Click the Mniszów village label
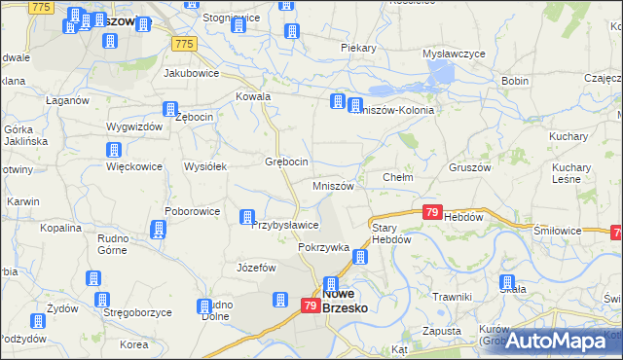(339, 186)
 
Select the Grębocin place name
(287, 162)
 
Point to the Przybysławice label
(285, 225)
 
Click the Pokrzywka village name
(323, 247)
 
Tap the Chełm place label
(399, 178)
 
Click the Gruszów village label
(469, 166)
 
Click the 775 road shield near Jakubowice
(184, 44)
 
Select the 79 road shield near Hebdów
(433, 211)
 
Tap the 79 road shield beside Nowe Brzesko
(310, 306)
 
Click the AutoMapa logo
(562, 340)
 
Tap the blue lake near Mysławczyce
(439, 74)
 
